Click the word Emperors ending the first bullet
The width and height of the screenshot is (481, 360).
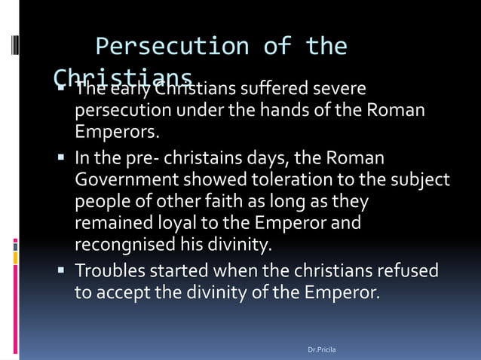point(116,133)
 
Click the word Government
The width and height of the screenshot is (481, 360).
point(125,181)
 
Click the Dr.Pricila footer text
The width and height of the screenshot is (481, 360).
point(324,350)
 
